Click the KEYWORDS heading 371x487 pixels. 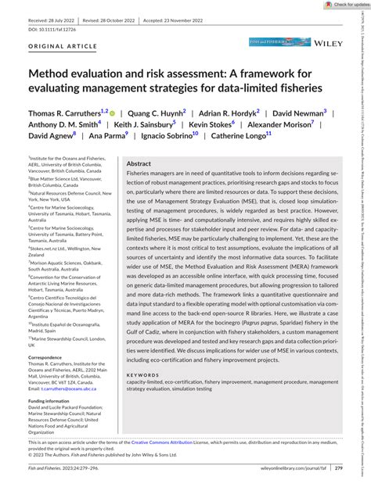click(143, 398)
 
